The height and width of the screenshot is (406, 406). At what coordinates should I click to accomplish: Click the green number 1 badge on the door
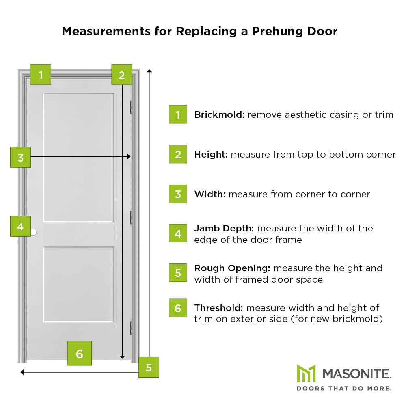[41, 75]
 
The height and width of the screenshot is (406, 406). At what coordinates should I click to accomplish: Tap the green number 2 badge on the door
[122, 75]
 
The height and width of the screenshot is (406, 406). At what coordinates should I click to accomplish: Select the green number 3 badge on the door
[20, 157]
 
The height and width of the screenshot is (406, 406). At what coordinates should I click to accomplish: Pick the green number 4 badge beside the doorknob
[20, 226]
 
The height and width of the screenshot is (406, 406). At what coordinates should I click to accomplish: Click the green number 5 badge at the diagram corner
[149, 367]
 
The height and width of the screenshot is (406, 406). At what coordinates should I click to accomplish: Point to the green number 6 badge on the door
[80, 353]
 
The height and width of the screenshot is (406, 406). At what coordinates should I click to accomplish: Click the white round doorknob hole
[33, 232]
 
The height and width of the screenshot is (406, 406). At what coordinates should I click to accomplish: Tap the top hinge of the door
[131, 107]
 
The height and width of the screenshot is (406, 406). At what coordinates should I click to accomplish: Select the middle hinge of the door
[131, 217]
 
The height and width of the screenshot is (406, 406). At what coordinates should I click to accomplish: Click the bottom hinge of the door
[131, 328]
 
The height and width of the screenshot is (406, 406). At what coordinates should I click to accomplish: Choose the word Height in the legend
[209, 154]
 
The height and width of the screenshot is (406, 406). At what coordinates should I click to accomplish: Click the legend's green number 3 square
[178, 194]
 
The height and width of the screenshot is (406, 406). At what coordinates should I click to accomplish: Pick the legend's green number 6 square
[178, 308]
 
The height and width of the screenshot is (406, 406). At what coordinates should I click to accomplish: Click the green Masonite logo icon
[306, 374]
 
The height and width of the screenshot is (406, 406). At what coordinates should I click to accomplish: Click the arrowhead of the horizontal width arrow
[128, 156]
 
